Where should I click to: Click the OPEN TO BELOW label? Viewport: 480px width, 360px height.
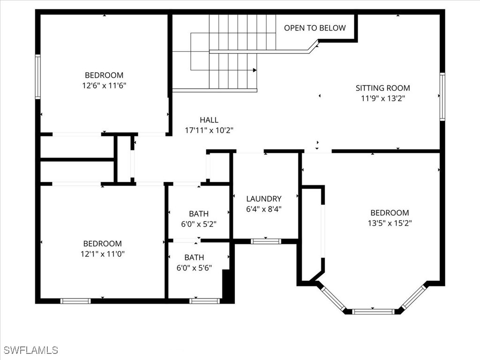pyautogui.click(x=315, y=28)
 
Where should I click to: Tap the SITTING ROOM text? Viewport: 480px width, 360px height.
pyautogui.click(x=382, y=88)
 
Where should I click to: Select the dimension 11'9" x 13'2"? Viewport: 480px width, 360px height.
pyautogui.click(x=382, y=99)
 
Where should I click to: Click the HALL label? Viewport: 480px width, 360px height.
pyautogui.click(x=209, y=120)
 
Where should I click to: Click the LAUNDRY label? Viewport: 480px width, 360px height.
pyautogui.click(x=264, y=199)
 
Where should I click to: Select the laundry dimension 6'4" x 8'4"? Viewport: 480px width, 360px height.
pyautogui.click(x=264, y=210)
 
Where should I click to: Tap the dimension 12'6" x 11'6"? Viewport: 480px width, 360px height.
pyautogui.click(x=104, y=86)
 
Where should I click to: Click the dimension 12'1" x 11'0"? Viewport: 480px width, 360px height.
pyautogui.click(x=102, y=254)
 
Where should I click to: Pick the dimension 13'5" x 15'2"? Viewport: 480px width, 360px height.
pyautogui.click(x=390, y=223)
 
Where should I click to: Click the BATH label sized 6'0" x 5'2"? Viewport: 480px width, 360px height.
pyautogui.click(x=199, y=214)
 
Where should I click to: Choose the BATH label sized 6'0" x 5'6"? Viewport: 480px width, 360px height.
pyautogui.click(x=194, y=257)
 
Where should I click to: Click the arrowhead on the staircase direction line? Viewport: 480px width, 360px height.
pyautogui.click(x=255, y=70)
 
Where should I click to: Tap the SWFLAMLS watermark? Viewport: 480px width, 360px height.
pyautogui.click(x=31, y=350)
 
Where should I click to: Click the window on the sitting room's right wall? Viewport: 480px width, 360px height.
pyautogui.click(x=442, y=97)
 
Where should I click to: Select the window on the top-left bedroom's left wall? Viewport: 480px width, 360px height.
pyautogui.click(x=38, y=77)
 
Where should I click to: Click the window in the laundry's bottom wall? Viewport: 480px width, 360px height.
pyautogui.click(x=265, y=241)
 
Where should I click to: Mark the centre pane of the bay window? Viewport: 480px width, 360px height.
pyautogui.click(x=373, y=311)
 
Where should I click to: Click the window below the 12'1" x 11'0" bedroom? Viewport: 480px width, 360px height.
pyautogui.click(x=76, y=301)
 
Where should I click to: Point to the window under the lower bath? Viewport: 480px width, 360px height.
pyautogui.click(x=204, y=301)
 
